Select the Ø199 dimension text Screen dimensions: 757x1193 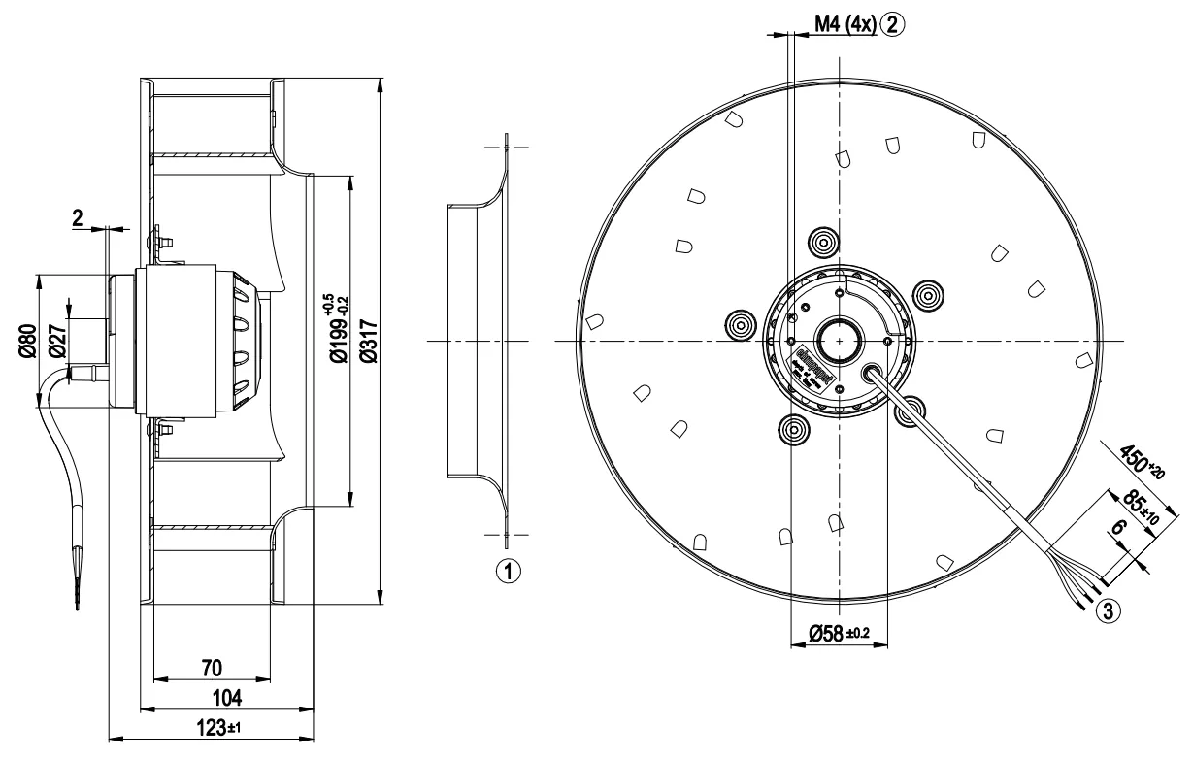pos(334,330)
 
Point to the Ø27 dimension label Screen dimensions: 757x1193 pos(57,341)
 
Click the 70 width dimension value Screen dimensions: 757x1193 pos(211,668)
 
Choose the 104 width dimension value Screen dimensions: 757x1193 pos(226,699)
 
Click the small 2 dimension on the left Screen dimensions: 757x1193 pos(78,217)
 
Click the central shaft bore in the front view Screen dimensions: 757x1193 pos(835,341)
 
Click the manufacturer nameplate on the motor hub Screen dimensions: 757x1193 pos(809,373)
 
